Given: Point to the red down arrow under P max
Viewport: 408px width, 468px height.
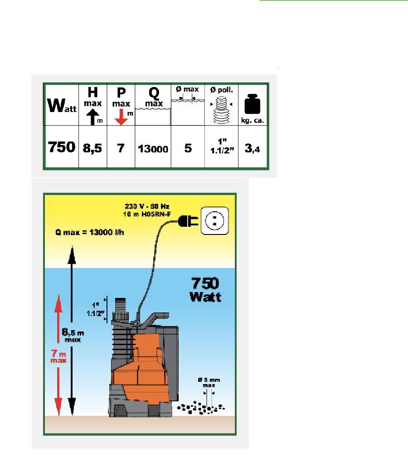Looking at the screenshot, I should coord(121,118).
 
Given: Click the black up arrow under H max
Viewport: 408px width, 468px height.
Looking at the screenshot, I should coord(92,118).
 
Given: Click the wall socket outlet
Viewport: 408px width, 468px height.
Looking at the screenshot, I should coord(214,221).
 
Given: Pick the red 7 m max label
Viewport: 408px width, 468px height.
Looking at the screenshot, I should coord(58,356).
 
